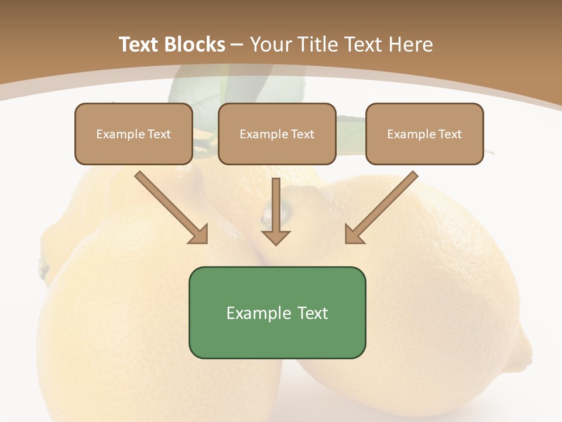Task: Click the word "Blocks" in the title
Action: (196, 45)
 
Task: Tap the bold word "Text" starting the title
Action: (141, 45)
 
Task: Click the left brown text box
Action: (133, 134)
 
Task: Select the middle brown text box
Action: (277, 134)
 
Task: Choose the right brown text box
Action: (424, 134)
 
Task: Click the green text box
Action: (277, 312)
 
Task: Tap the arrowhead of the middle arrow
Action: (276, 237)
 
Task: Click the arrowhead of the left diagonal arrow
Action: (199, 234)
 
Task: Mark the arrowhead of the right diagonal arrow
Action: (354, 234)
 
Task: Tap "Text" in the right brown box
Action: (450, 134)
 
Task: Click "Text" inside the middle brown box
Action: (303, 134)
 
